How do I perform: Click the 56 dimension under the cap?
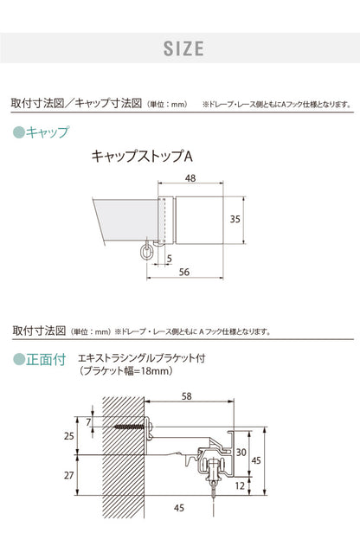(183, 272)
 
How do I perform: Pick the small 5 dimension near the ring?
(169, 257)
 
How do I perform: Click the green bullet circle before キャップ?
(19, 132)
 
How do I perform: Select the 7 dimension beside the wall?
(88, 421)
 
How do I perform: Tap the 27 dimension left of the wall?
(68, 476)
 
